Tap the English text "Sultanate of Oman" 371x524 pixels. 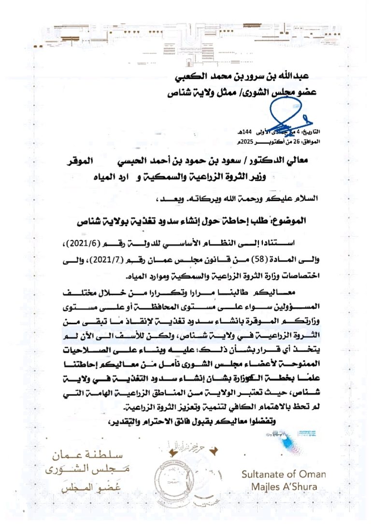284,474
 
